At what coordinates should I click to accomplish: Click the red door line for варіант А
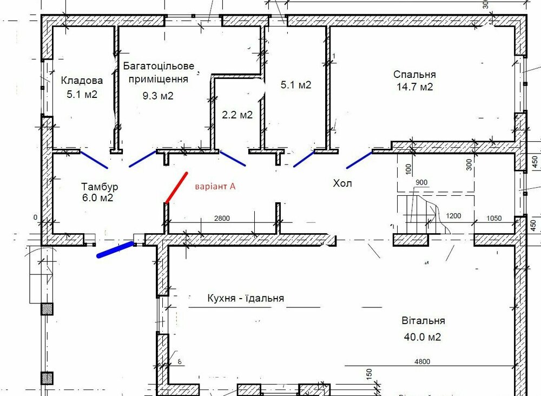click(x=176, y=188)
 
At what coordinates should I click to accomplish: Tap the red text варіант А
click(x=215, y=187)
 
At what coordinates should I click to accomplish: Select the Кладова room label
click(x=82, y=81)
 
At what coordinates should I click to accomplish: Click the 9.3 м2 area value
click(x=158, y=96)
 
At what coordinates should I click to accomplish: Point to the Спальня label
click(x=414, y=74)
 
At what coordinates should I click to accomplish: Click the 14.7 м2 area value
click(x=414, y=87)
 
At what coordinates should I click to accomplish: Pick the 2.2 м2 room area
click(x=237, y=115)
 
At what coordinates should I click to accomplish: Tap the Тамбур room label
click(x=100, y=187)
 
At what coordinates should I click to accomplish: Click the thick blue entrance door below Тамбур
click(x=116, y=250)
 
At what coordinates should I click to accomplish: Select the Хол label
click(x=342, y=183)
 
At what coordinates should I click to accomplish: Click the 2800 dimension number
click(x=222, y=218)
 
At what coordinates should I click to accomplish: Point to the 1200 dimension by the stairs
click(x=453, y=216)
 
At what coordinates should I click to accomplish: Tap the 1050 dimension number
click(x=494, y=218)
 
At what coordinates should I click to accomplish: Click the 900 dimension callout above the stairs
click(x=421, y=182)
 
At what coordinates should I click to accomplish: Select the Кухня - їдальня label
click(x=246, y=298)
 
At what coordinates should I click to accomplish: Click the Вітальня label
click(x=424, y=320)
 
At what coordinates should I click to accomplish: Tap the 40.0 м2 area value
click(x=423, y=336)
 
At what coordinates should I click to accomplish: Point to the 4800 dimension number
click(x=423, y=361)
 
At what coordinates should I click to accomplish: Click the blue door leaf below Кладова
click(x=94, y=160)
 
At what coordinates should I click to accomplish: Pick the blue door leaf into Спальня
click(x=359, y=160)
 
